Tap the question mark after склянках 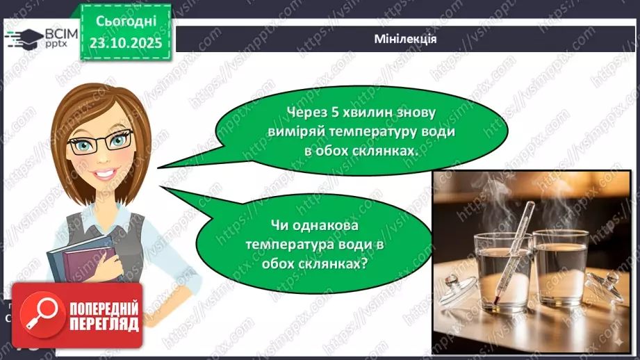tap(365, 265)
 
